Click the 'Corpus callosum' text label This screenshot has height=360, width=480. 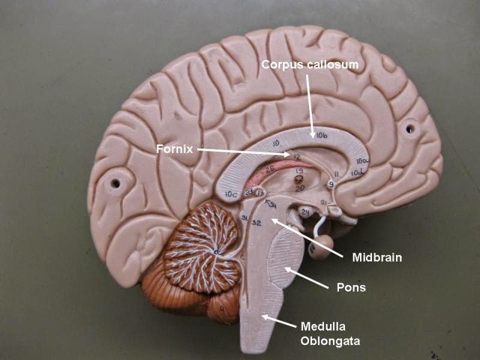(x=310, y=64)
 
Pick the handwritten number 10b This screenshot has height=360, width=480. (x=322, y=135)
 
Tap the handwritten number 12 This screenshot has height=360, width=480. (x=296, y=157)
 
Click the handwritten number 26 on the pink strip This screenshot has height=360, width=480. (x=270, y=169)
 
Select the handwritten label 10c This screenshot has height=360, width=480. (x=230, y=194)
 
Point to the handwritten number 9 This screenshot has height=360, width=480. (x=331, y=184)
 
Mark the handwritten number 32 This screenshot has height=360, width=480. (x=256, y=223)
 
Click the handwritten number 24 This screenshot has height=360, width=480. (x=305, y=211)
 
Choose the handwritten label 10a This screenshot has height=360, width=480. (x=361, y=161)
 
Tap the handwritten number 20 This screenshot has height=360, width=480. (x=300, y=188)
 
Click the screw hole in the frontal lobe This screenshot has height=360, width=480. (x=410, y=128)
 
